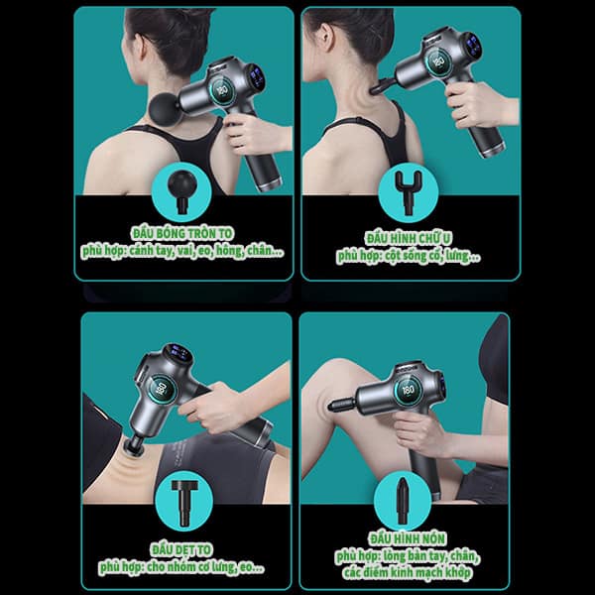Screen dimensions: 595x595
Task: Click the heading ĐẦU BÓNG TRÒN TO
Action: coord(182,234)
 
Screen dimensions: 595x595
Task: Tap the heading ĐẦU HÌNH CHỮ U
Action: coord(409,239)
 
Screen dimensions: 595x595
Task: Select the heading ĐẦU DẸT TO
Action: coord(181,549)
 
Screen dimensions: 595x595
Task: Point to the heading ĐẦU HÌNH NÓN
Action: coord(408,538)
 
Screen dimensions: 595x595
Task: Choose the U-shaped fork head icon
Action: coord(409,191)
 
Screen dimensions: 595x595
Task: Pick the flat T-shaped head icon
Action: coord(184,503)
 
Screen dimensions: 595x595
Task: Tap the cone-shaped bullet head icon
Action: coord(403,500)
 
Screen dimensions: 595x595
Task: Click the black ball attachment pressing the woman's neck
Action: coord(164,108)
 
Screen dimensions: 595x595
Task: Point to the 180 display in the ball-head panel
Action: coord(222,90)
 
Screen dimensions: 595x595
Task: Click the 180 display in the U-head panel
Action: coord(439,61)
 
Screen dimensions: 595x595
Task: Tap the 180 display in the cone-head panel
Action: coord(409,390)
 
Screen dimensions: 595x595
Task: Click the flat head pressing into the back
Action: coord(134,445)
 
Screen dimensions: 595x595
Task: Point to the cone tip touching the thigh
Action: coord(331,408)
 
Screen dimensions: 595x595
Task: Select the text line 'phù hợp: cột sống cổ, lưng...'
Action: coord(409,256)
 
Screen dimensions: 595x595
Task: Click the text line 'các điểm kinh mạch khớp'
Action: coord(408,572)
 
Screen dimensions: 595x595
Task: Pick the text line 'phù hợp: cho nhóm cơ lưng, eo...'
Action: coord(181,567)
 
